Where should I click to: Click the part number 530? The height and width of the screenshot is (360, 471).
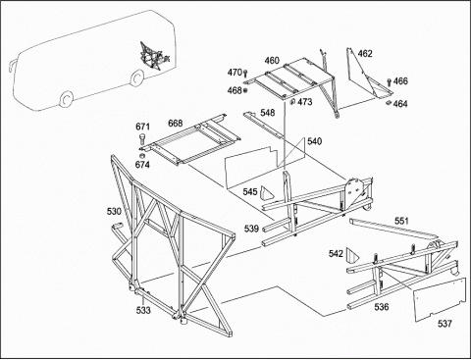click(114, 211)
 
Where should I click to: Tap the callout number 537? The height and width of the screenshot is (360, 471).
click(445, 324)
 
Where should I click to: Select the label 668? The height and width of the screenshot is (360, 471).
click(176, 124)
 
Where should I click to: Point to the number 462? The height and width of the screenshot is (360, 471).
click(365, 53)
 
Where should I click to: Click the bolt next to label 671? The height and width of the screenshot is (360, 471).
click(142, 138)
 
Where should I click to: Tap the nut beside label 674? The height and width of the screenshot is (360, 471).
click(142, 155)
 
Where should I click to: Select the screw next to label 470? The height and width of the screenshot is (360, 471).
click(245, 73)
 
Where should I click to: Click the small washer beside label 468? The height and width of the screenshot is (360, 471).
click(245, 90)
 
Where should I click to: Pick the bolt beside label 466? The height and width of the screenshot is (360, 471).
click(390, 81)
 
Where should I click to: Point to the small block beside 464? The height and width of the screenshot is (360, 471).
click(389, 103)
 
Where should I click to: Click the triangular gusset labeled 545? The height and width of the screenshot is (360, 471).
click(266, 193)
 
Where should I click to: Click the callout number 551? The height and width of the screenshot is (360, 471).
click(401, 221)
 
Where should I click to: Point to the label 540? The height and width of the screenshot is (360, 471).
click(314, 141)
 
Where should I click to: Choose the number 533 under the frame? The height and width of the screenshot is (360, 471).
click(143, 310)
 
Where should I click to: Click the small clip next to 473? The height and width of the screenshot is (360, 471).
click(292, 102)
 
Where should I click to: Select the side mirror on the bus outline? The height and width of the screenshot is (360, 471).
click(12, 64)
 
